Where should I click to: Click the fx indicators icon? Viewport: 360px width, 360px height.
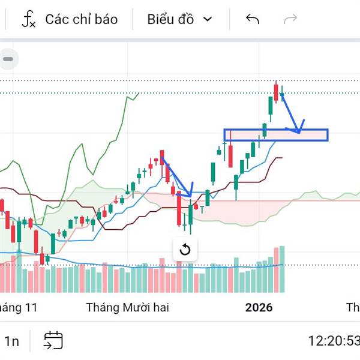28,19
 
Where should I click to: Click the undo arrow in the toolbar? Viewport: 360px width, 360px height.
253,19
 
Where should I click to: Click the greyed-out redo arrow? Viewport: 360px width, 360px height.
290,19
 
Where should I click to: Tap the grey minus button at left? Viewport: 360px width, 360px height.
9,59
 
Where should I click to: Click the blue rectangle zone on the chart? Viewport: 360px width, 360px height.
276,135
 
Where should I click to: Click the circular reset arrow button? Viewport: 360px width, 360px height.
185,250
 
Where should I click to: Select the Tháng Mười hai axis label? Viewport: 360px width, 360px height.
127,308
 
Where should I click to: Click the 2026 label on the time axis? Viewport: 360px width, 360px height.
259,308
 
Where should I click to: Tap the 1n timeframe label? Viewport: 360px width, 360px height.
12,341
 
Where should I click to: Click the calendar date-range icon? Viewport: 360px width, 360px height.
53,341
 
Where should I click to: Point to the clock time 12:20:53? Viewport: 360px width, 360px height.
334,341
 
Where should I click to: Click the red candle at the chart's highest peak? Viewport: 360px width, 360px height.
276,92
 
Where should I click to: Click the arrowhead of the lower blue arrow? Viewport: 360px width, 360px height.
189,194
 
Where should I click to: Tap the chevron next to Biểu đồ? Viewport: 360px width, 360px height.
208,19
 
